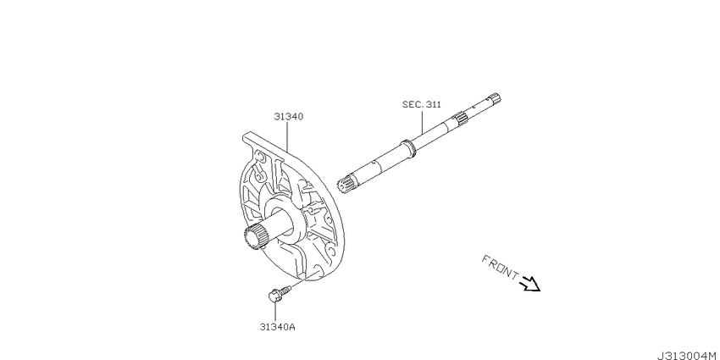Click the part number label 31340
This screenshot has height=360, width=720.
(288, 117)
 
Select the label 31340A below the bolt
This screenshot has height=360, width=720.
(277, 327)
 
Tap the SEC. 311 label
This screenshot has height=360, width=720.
(422, 105)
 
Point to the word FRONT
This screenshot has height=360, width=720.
(500, 267)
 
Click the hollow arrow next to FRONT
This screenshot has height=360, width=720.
(530, 284)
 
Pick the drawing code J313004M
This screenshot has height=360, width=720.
(688, 356)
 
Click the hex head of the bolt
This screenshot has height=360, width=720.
(274, 296)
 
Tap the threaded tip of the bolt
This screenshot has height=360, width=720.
(286, 290)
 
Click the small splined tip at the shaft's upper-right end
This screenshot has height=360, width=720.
(496, 97)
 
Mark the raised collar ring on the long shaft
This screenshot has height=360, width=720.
(408, 147)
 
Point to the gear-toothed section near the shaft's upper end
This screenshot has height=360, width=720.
(461, 118)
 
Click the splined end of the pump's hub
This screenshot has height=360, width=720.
(256, 237)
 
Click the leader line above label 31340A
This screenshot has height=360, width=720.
(274, 312)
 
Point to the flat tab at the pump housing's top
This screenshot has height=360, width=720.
(262, 141)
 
